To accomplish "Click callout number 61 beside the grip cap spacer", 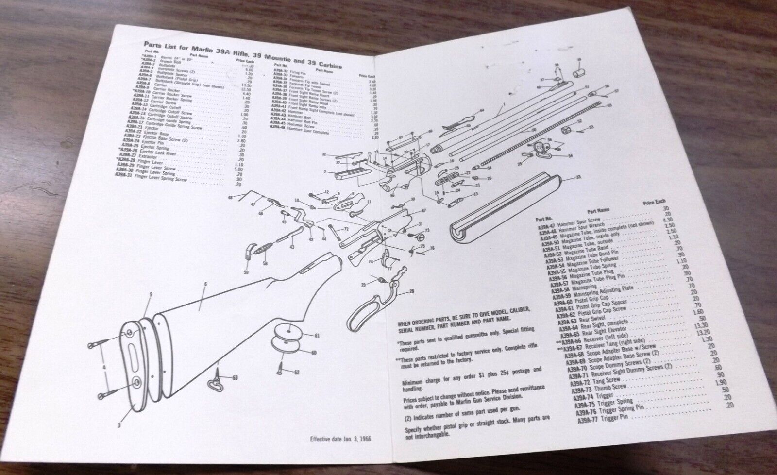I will point(316,336).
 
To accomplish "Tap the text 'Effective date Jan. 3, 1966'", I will point(345,441).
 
